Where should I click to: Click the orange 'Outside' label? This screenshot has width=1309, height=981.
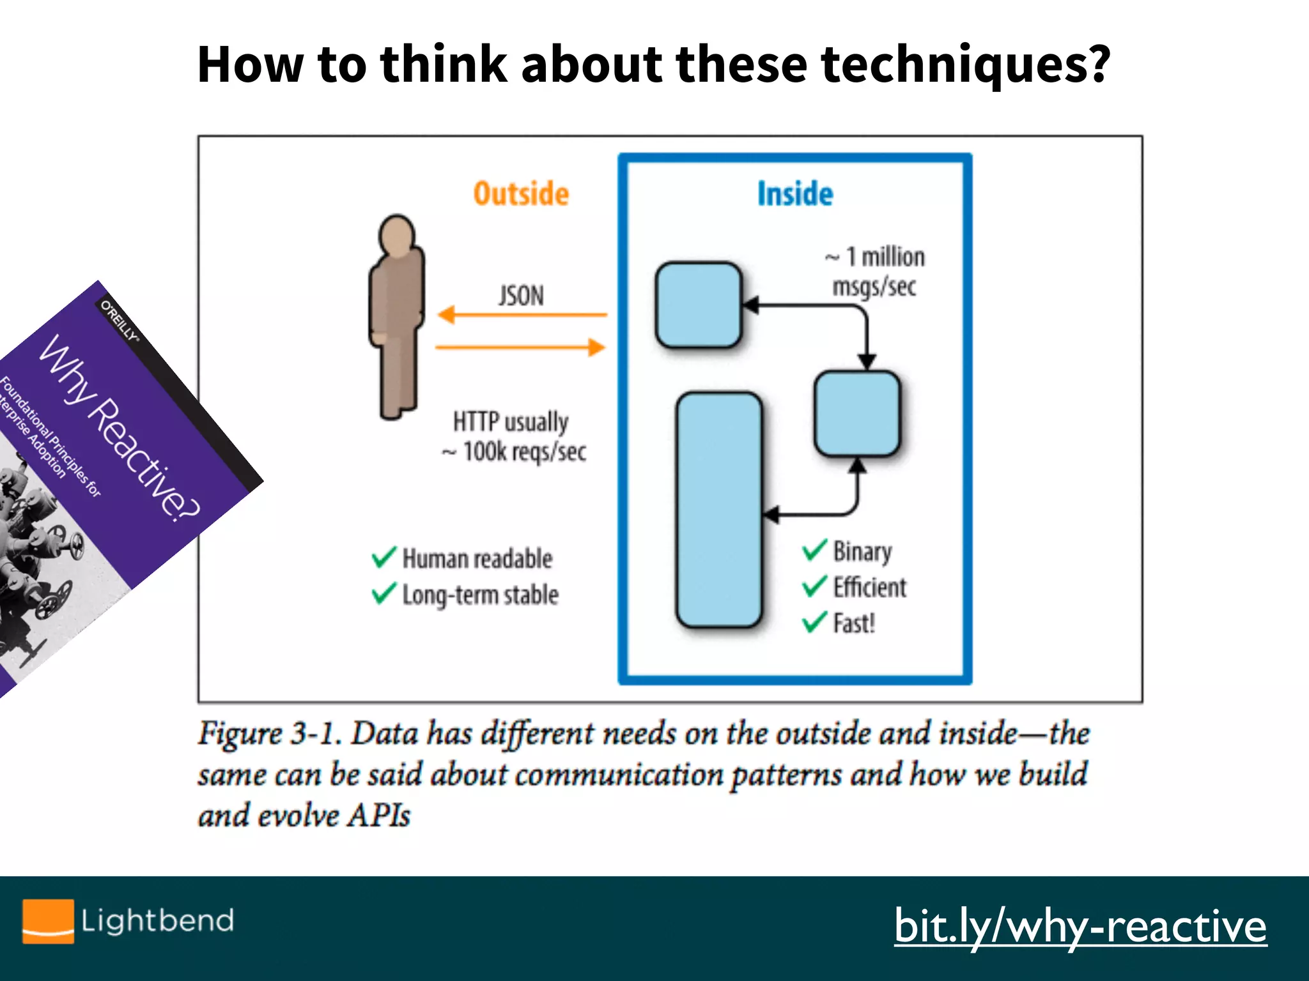point(521,194)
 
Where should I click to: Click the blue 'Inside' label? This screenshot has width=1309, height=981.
point(795,194)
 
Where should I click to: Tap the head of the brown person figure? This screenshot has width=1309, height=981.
point(396,235)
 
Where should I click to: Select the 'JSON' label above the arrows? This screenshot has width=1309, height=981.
point(521,296)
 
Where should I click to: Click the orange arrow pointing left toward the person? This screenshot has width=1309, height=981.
point(521,315)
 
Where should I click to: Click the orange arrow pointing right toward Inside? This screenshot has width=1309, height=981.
point(521,347)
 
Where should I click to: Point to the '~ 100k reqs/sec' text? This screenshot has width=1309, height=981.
point(515,452)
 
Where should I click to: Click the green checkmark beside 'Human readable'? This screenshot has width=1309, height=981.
point(383,557)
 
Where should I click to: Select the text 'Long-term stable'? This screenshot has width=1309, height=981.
point(480,595)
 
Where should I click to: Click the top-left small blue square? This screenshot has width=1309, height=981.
point(699,305)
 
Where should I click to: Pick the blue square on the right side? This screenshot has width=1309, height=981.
point(857,414)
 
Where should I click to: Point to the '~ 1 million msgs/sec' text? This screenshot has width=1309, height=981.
point(874,271)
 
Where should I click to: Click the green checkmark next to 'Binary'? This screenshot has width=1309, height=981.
point(815,550)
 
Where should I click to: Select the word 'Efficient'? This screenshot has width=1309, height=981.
point(869,587)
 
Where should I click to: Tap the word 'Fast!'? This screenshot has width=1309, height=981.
point(854,623)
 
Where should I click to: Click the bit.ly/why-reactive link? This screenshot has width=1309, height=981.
point(1080,926)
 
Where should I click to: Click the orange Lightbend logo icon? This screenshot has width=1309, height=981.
point(48,920)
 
